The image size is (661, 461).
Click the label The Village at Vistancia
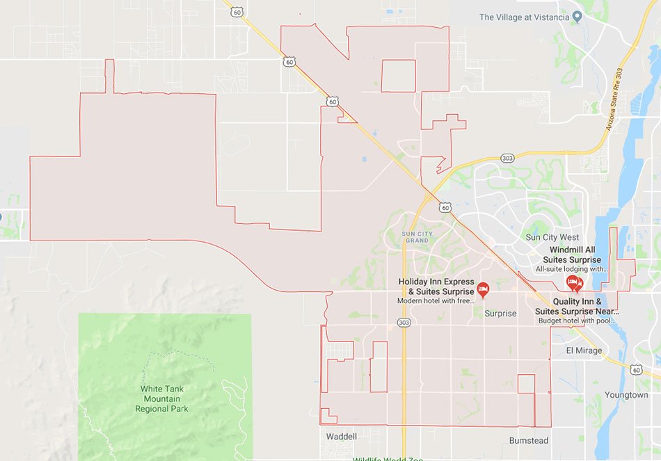pyautogui.click(x=524, y=17)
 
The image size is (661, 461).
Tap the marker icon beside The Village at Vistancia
pyautogui.click(x=577, y=17)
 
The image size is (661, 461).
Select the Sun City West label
pyautogui.click(x=552, y=237)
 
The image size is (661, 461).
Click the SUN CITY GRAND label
pyautogui.click(x=415, y=237)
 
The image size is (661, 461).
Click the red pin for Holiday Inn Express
pyautogui.click(x=482, y=288)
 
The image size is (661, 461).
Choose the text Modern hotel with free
pyautogui.click(x=436, y=301)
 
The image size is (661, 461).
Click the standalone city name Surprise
pyautogui.click(x=500, y=314)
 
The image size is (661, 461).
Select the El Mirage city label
pyautogui.click(x=584, y=350)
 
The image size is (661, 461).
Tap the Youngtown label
pyautogui.click(x=626, y=395)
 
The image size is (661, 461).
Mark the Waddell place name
pyautogui.click(x=341, y=437)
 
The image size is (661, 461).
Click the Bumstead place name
pyautogui.click(x=529, y=441)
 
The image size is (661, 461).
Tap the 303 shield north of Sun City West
pyautogui.click(x=507, y=158)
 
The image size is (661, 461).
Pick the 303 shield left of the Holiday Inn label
pyautogui.click(x=404, y=323)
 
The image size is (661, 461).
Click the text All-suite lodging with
pyautogui.click(x=571, y=269)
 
